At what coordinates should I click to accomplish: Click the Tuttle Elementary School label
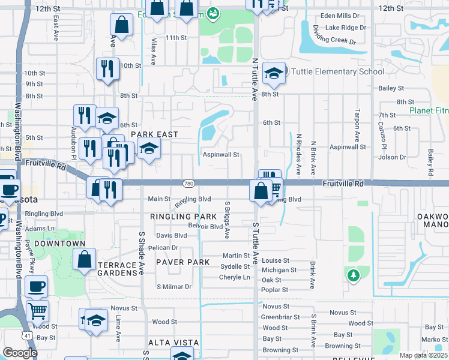click(x=337, y=72)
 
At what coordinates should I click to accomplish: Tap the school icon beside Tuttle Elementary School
click(x=274, y=73)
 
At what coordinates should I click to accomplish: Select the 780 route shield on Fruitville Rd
click(x=188, y=182)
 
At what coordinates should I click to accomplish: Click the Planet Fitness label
click(x=429, y=110)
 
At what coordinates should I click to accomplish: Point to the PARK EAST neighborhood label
click(x=154, y=134)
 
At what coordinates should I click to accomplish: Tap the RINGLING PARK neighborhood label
click(x=184, y=216)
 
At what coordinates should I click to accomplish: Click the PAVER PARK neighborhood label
click(x=182, y=262)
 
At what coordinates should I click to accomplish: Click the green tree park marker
click(x=354, y=275)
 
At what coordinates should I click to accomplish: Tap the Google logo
click(x=20, y=353)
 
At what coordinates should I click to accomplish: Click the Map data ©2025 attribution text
click(x=423, y=355)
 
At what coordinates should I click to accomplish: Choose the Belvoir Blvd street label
click(x=205, y=227)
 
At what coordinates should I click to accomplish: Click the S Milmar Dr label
click(x=173, y=287)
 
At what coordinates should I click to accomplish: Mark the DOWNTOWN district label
click(x=59, y=244)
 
